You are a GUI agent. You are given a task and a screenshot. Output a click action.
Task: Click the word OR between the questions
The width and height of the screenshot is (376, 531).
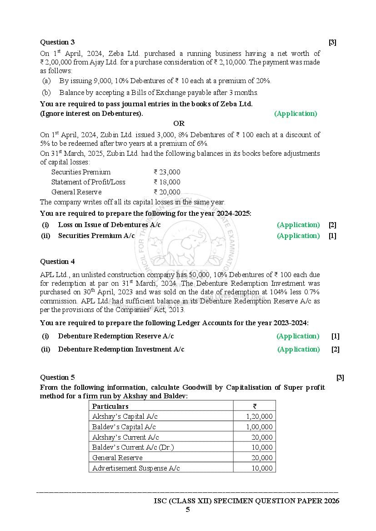179,124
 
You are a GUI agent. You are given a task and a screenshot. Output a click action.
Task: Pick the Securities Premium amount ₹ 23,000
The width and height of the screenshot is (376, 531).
167,172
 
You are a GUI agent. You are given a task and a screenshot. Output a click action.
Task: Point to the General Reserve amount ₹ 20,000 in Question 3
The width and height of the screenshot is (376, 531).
167,192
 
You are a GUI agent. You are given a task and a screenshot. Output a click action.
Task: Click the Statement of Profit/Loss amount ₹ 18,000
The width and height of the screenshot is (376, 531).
167,182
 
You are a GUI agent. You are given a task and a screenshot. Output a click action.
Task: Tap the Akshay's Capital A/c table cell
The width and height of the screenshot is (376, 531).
125,417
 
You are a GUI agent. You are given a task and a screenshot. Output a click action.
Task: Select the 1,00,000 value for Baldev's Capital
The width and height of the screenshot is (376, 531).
259,427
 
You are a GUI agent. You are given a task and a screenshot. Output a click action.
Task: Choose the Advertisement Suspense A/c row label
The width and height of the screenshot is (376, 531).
136,468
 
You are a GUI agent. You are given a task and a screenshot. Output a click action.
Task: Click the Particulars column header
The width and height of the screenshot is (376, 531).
110,407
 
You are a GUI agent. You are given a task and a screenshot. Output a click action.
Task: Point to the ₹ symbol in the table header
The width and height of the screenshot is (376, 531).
255,407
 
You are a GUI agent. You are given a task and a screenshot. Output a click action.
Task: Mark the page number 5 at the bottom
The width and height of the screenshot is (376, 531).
187,510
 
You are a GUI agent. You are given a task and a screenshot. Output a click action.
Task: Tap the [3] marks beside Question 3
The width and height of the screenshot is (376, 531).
332,42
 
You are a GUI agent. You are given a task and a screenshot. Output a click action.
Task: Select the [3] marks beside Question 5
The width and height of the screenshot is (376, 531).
340,377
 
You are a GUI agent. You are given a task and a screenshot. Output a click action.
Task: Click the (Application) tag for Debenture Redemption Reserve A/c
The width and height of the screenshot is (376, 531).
298,336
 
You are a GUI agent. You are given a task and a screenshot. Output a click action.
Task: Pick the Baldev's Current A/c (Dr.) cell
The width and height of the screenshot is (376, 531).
133,447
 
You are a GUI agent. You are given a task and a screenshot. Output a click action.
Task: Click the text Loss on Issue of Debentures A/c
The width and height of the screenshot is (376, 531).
109,225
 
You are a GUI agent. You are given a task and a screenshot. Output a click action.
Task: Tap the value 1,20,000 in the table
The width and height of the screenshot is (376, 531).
259,417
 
